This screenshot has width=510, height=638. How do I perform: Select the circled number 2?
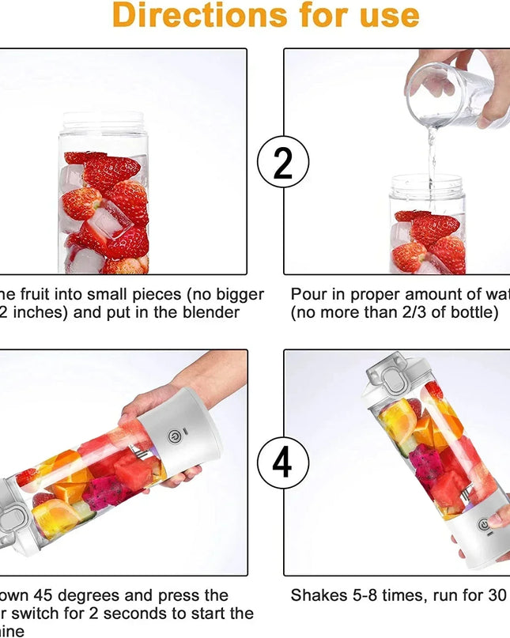(x=282, y=162)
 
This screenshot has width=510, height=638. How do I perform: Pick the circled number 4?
(x=282, y=462)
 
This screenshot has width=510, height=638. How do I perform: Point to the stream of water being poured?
(x=432, y=154)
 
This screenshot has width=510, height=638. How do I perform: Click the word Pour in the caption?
(x=309, y=295)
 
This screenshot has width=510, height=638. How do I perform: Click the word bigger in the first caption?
(x=235, y=295)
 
